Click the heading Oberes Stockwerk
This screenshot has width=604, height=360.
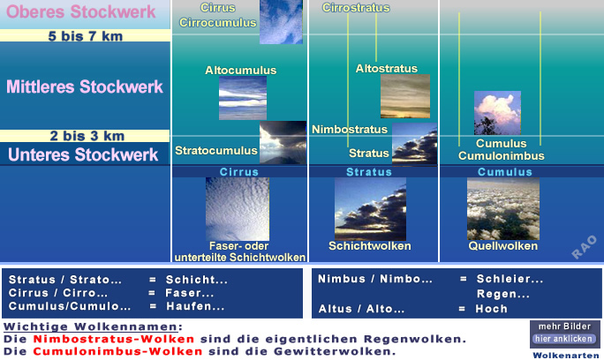(81, 12)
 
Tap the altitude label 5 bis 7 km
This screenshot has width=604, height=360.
(86, 36)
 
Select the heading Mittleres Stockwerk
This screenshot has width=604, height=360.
(85, 86)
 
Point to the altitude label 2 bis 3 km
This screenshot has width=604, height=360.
(87, 136)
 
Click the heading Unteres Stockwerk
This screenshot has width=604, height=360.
(83, 154)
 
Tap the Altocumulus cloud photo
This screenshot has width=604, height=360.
(243, 98)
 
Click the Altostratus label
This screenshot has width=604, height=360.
(387, 69)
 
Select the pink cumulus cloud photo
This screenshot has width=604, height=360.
(497, 113)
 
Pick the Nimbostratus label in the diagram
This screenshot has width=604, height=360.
(350, 130)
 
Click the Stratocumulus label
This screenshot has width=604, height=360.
(216, 151)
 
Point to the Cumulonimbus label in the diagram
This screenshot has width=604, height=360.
(502, 156)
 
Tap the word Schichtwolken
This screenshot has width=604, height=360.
(370, 246)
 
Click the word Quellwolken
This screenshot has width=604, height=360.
(503, 246)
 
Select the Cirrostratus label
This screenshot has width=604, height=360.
(356, 8)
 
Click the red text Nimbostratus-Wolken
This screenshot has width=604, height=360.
(114, 339)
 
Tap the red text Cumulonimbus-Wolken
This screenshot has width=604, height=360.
(117, 351)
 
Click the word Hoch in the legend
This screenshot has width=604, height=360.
(492, 309)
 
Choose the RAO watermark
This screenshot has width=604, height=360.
(584, 247)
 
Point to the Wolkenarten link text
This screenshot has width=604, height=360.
(566, 356)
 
